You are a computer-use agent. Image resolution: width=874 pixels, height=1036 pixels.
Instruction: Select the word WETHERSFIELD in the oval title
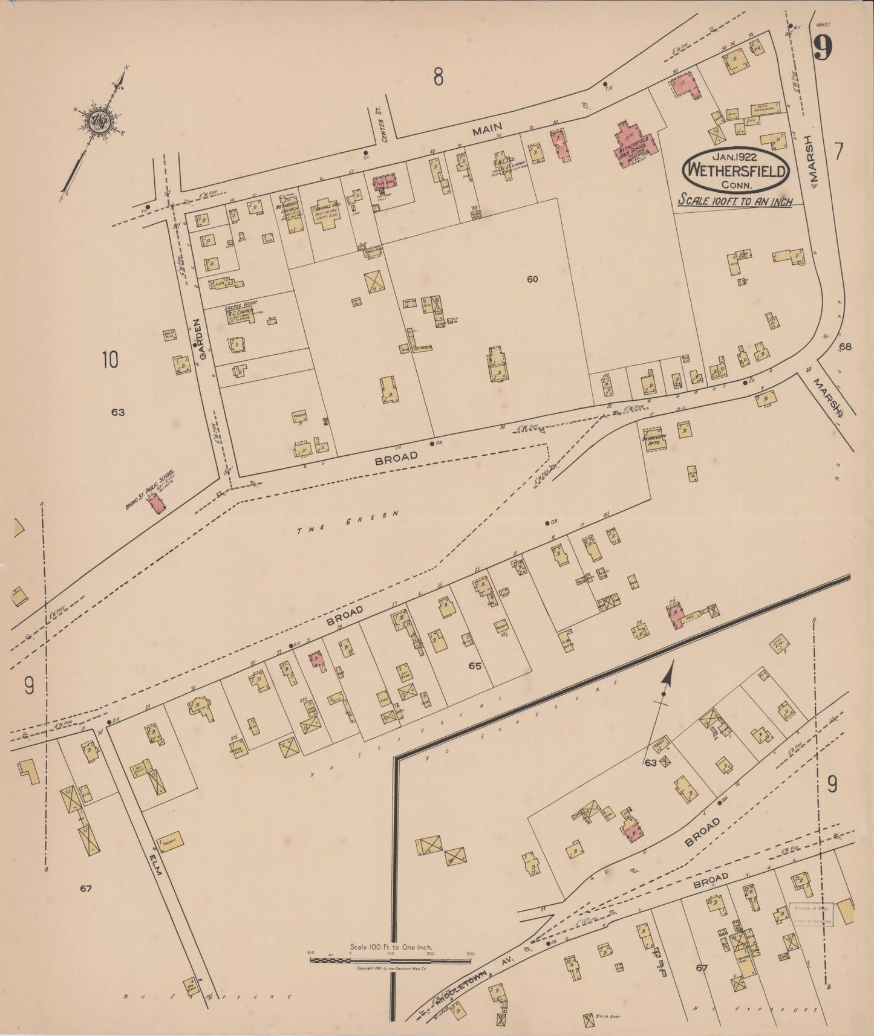tap(735, 170)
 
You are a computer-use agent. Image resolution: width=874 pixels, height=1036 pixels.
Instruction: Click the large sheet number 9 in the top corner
tap(822, 47)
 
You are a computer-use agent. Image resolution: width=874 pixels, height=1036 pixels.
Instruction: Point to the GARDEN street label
tap(203, 345)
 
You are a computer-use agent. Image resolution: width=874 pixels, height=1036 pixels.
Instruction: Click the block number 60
tap(532, 279)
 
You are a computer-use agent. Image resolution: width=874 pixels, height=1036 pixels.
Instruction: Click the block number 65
tap(475, 665)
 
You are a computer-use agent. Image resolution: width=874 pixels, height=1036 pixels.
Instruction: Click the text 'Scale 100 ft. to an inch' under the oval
tap(734, 201)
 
